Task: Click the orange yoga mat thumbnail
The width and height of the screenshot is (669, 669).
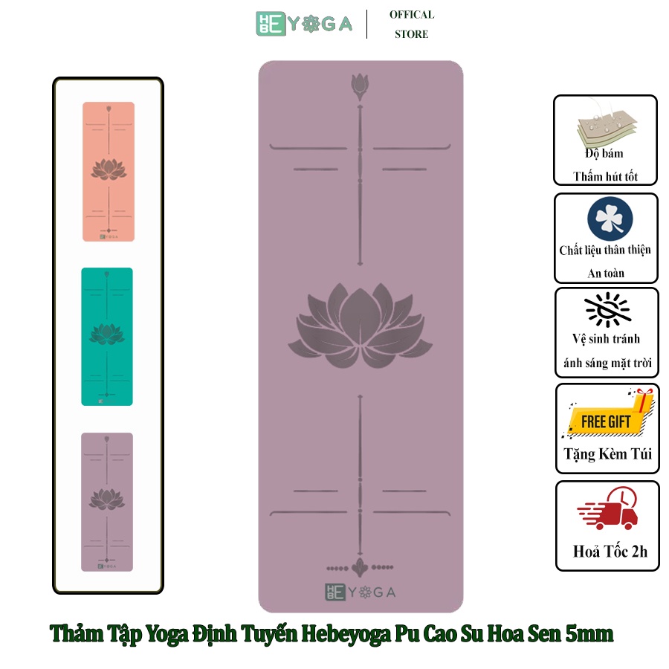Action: [x=109, y=172]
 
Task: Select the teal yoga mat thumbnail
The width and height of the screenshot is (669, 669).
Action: [x=107, y=337]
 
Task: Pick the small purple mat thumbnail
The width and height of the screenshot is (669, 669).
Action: [x=107, y=502]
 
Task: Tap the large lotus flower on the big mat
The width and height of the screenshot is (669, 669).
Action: [x=361, y=326]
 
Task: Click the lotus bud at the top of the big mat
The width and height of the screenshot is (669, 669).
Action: [x=360, y=87]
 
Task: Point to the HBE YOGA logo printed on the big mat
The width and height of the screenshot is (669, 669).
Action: [x=361, y=592]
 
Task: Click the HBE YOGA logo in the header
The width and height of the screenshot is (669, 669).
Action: [x=304, y=24]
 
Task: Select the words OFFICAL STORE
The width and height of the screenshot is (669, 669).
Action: [x=412, y=25]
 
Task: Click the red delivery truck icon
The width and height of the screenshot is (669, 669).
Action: [x=607, y=509]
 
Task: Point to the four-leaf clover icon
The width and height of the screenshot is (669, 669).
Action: [x=610, y=219]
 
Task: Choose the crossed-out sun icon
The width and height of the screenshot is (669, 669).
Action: [x=607, y=309]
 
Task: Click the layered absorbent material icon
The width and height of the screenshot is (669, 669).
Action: [x=607, y=126]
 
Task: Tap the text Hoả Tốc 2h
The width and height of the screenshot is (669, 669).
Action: [x=610, y=552]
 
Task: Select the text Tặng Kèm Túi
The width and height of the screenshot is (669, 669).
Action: [x=608, y=454]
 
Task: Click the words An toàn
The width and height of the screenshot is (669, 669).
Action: [x=606, y=273]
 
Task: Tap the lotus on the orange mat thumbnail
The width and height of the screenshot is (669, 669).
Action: [x=109, y=169]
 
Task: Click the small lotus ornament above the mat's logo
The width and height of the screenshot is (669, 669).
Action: [x=360, y=567]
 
